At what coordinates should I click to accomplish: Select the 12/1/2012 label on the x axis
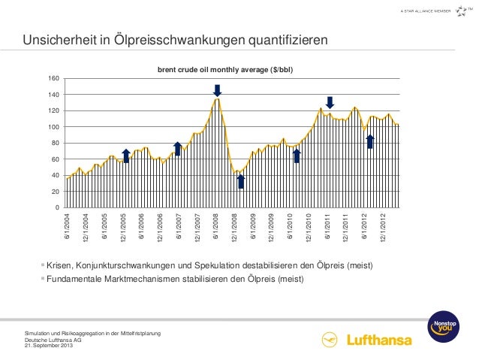[x=384, y=225]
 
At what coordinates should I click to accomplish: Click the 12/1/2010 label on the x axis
[x=309, y=225]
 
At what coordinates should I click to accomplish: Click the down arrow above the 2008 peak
[x=217, y=90]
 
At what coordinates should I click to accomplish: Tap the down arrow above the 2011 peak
[x=329, y=102]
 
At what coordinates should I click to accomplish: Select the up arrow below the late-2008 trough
[x=240, y=181]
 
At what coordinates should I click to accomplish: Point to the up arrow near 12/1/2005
[x=126, y=155]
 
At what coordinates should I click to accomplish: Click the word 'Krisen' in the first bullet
[x=60, y=266]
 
